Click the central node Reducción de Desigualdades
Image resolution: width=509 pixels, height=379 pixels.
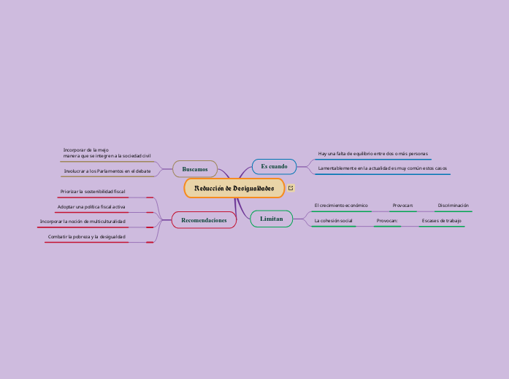pyautogui.click(x=234, y=188)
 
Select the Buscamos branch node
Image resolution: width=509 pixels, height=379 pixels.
pyautogui.click(x=195, y=169)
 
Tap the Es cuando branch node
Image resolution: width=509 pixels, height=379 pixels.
pyautogui.click(x=274, y=167)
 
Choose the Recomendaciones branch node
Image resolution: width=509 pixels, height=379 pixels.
pyautogui.click(x=204, y=220)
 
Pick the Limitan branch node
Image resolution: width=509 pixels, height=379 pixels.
pyautogui.click(x=271, y=219)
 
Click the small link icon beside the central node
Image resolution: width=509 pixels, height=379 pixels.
pyautogui.click(x=291, y=188)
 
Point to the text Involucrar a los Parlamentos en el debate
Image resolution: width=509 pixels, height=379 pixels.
pyautogui.click(x=107, y=171)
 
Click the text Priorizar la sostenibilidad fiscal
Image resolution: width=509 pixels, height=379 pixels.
pyautogui.click(x=93, y=191)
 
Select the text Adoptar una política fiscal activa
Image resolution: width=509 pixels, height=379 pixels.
pyautogui.click(x=91, y=207)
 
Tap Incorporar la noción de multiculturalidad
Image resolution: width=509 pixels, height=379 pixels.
pyautogui.click(x=83, y=221)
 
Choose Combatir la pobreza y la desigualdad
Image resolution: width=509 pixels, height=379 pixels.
pyautogui.click(x=87, y=237)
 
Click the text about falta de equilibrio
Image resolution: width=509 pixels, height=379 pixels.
pyautogui.click(x=372, y=154)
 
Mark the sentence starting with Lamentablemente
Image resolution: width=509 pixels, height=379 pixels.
pyautogui.click(x=382, y=168)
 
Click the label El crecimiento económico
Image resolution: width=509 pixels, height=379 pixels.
pyautogui.click(x=341, y=206)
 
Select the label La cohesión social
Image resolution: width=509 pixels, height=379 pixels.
pyautogui.click(x=333, y=220)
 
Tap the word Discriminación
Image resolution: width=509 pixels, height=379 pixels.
pyautogui.click(x=453, y=206)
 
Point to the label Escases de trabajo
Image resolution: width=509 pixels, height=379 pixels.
pyautogui.click(x=441, y=220)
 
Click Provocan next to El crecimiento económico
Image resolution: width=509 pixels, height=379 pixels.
pyautogui.click(x=402, y=206)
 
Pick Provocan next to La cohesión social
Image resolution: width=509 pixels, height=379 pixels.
pyautogui.click(x=387, y=220)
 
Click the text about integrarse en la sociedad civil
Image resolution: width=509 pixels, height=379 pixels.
pyautogui.click(x=107, y=152)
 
